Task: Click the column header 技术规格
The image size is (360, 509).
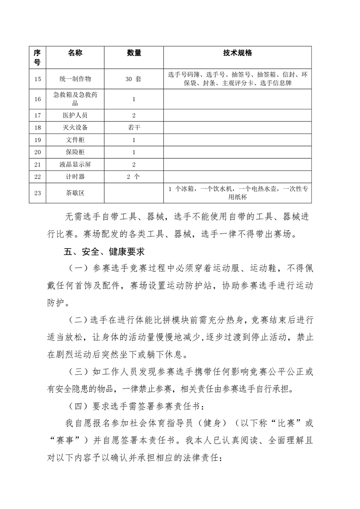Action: pyautogui.click(x=237, y=53)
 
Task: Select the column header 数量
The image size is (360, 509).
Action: pyautogui.click(x=134, y=53)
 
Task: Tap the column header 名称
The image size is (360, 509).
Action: pyautogui.click(x=76, y=53)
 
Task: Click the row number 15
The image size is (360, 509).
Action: pyautogui.click(x=38, y=79)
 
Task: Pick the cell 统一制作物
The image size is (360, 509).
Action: pyautogui.click(x=76, y=79)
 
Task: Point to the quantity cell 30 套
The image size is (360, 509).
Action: pyautogui.click(x=134, y=79)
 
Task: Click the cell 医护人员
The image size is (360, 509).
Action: pyautogui.click(x=76, y=116)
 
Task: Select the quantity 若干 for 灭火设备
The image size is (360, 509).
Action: pyautogui.click(x=134, y=128)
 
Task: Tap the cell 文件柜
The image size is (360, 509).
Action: pyautogui.click(x=76, y=140)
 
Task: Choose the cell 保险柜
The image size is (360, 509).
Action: pyautogui.click(x=76, y=152)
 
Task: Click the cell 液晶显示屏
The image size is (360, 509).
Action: pyautogui.click(x=76, y=165)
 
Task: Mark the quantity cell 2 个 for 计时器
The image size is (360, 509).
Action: pyautogui.click(x=134, y=177)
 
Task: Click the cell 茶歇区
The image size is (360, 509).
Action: pyautogui.click(x=76, y=193)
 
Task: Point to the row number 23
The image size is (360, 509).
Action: pyautogui.click(x=38, y=193)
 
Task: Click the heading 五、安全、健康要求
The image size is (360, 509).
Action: pyautogui.click(x=105, y=251)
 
